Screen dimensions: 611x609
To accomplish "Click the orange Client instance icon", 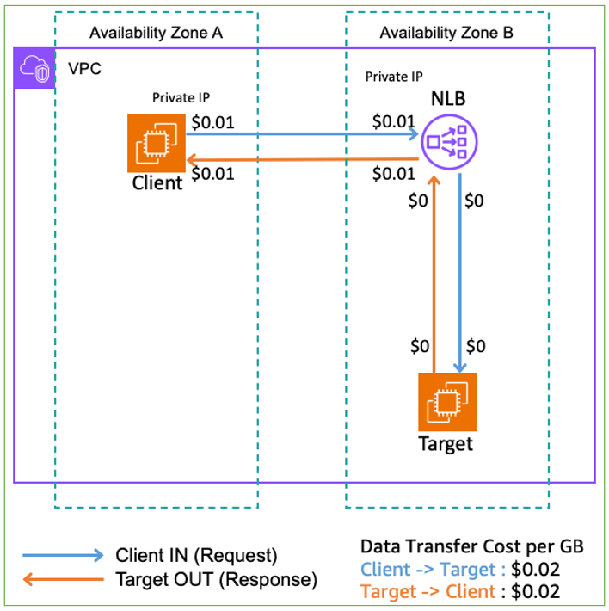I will point(157,143).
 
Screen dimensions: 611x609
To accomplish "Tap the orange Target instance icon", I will point(446,401).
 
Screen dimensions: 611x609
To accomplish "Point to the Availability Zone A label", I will point(156,33).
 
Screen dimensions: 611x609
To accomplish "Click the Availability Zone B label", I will point(446,33).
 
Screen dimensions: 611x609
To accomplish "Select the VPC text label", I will point(85,68).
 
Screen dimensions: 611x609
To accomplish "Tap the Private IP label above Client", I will point(181,97).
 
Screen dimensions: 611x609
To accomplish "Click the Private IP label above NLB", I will point(393,77).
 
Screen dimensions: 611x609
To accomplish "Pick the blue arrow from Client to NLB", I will point(301,134).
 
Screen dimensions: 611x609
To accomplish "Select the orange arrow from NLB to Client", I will point(301,159).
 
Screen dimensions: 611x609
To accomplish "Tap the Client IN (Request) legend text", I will point(196,555).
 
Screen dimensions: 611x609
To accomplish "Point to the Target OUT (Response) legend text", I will point(216,579).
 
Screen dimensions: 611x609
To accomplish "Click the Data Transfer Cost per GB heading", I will point(471,546).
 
